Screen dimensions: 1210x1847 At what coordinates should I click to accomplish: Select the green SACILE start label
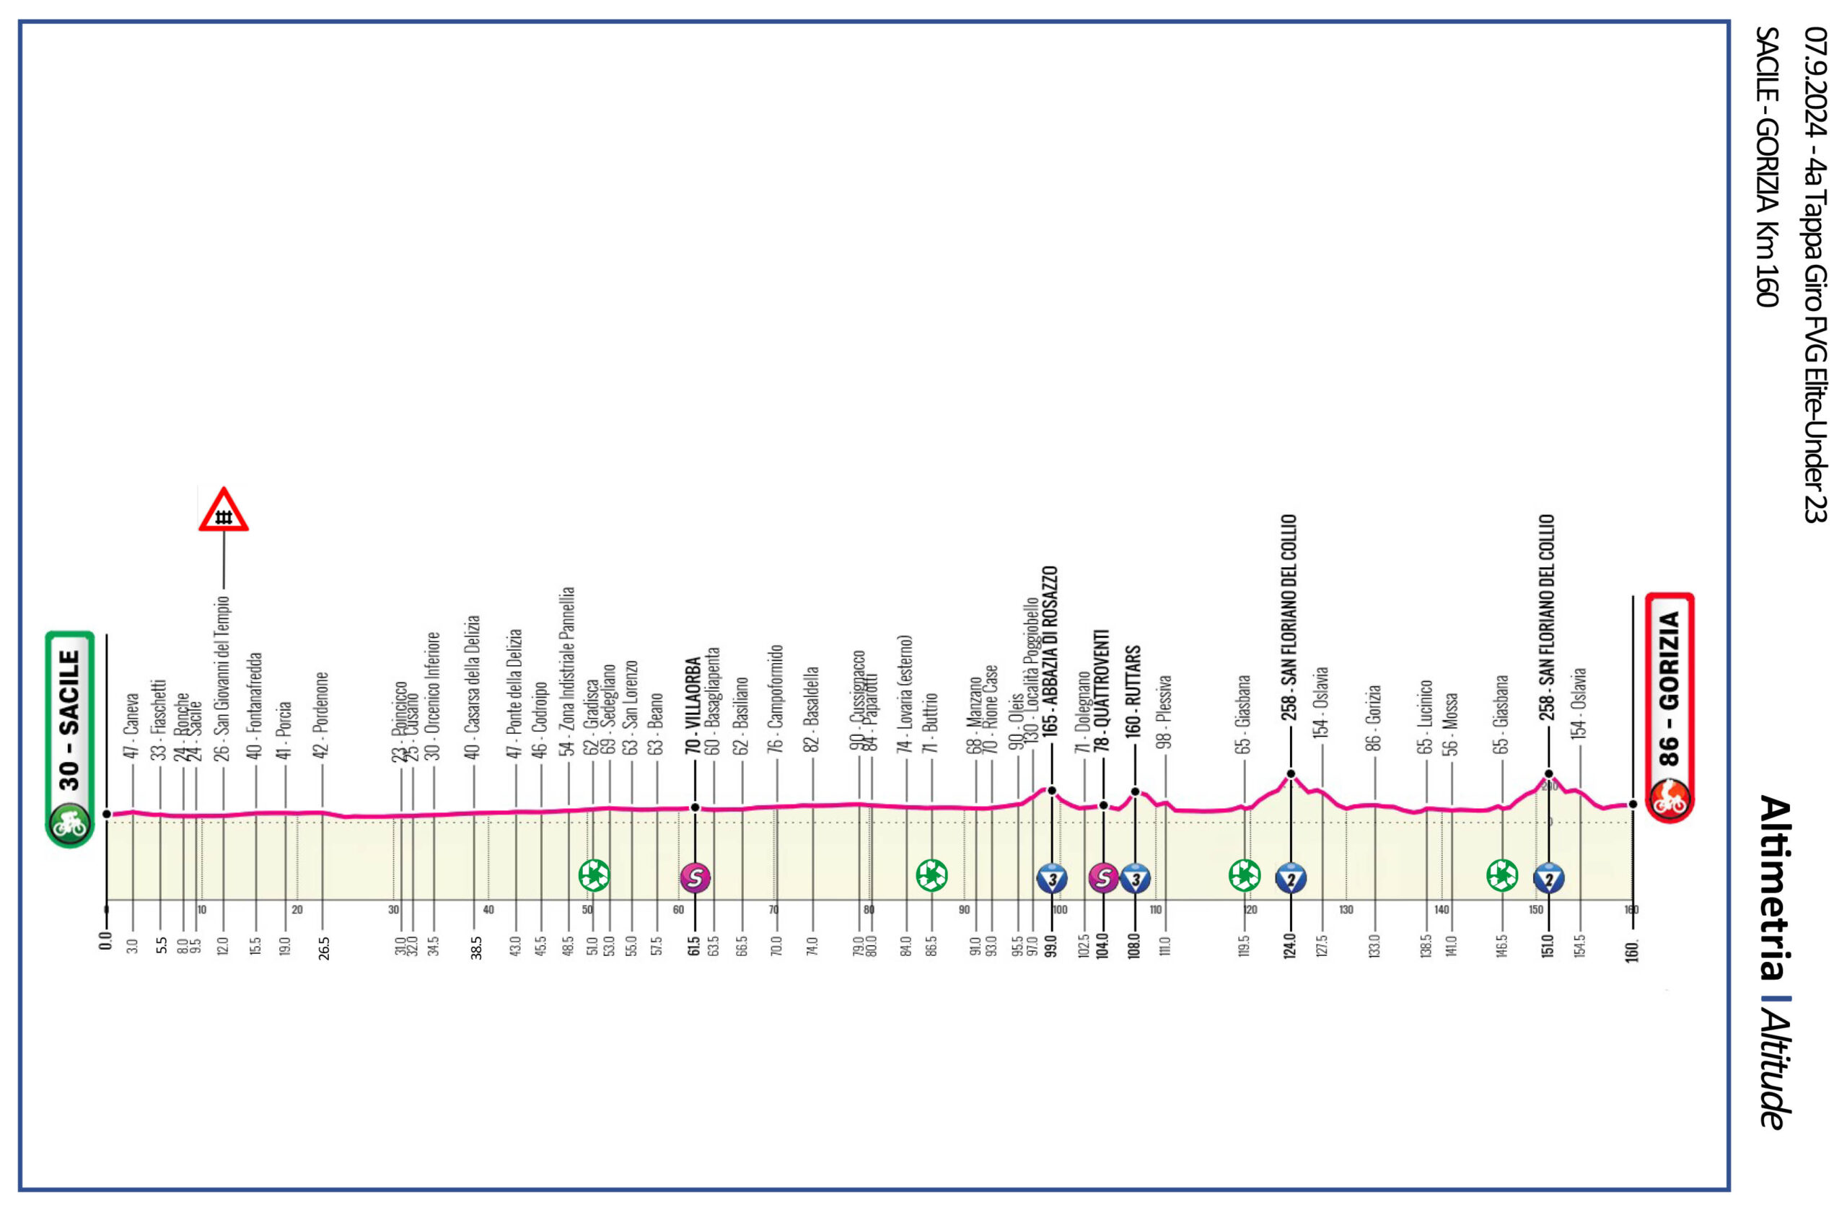[x=70, y=718]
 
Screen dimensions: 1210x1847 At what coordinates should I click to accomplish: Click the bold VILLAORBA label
[x=694, y=706]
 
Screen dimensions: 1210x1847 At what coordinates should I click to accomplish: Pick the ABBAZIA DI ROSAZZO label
[x=1050, y=659]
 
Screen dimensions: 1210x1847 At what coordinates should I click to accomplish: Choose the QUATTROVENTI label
[x=1102, y=691]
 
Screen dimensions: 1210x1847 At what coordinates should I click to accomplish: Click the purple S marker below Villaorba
[x=695, y=878]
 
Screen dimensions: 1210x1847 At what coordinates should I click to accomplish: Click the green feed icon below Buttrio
[x=931, y=875]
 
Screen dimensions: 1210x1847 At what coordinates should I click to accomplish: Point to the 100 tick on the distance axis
[x=1060, y=910]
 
